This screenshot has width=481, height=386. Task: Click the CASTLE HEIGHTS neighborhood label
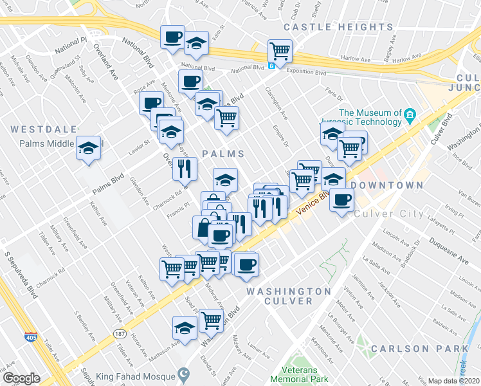click(338, 27)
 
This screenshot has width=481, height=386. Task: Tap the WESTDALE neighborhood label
click(43, 129)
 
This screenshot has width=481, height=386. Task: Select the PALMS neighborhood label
click(223, 154)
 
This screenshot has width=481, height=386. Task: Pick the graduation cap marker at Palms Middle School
click(88, 148)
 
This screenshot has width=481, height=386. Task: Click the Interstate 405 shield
click(30, 336)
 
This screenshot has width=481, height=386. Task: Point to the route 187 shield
click(120, 335)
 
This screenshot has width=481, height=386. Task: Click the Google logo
click(21, 378)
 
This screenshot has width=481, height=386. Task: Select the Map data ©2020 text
click(453, 381)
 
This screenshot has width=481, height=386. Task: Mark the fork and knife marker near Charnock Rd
click(185, 169)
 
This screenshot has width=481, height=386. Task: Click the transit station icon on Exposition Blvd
click(272, 65)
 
